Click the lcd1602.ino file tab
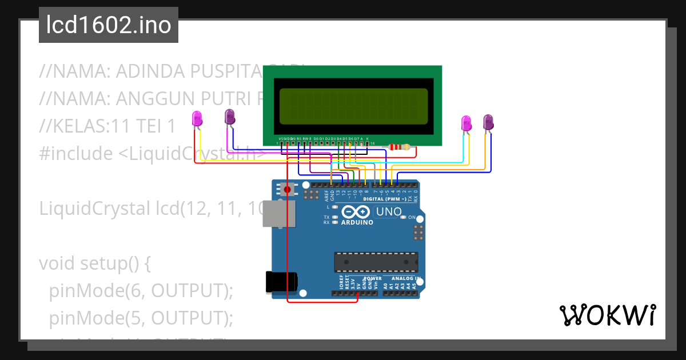[108, 25]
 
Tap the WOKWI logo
[607, 315]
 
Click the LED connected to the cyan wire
[466, 123]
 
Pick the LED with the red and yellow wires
[197, 118]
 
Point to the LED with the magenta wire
[229, 117]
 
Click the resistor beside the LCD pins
[399, 147]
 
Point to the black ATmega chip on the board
[376, 262]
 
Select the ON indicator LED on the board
[404, 217]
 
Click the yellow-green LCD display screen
[353, 107]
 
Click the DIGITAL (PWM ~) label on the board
[384, 199]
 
